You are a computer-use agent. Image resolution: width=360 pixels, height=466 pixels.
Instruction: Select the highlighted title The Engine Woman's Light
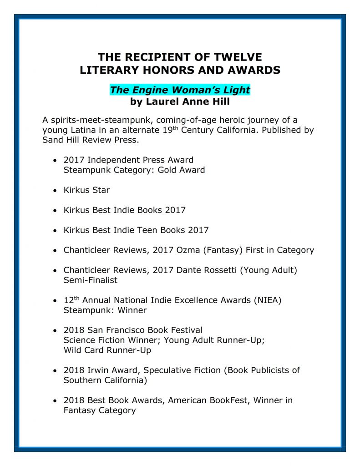pos(180,90)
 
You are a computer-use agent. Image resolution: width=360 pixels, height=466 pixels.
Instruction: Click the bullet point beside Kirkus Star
pos(55,190)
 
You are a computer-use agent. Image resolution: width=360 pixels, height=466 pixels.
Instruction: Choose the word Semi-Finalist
pos(90,280)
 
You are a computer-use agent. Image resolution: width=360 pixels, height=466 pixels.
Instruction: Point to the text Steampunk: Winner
pos(105,310)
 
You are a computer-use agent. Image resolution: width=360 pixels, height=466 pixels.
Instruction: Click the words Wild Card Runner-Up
pos(107,350)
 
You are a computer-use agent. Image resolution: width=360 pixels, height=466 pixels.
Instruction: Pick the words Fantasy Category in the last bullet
pos(100,410)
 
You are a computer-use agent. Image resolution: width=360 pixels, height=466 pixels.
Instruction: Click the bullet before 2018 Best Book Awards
pos(55,401)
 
